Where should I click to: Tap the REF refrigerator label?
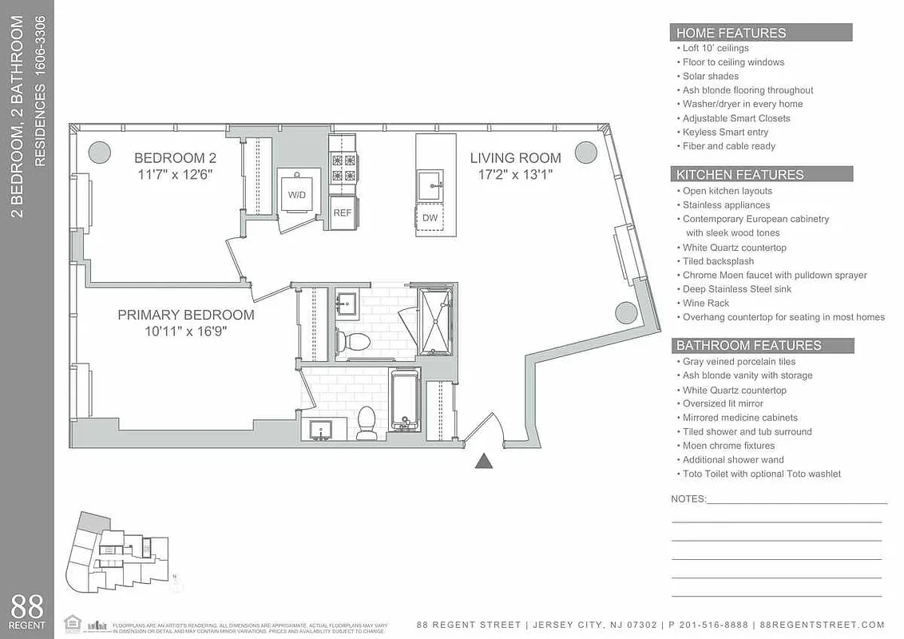tap(342, 213)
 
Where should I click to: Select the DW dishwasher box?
tap(430, 218)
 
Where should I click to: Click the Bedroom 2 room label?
tap(175, 158)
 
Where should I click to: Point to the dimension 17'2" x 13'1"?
tap(515, 174)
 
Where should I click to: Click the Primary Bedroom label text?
tap(186, 316)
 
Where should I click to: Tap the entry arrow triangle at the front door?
tap(484, 461)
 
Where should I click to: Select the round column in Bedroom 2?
tap(99, 152)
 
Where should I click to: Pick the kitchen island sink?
tap(430, 185)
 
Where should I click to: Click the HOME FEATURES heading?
tap(731, 33)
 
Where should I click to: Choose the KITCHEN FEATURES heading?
tap(739, 175)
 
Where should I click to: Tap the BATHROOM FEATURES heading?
tap(748, 346)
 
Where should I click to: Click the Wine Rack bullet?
tap(705, 304)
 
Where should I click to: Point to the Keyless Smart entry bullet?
tap(725, 133)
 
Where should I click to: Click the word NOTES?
tap(688, 499)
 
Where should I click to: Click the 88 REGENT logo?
tap(27, 611)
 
